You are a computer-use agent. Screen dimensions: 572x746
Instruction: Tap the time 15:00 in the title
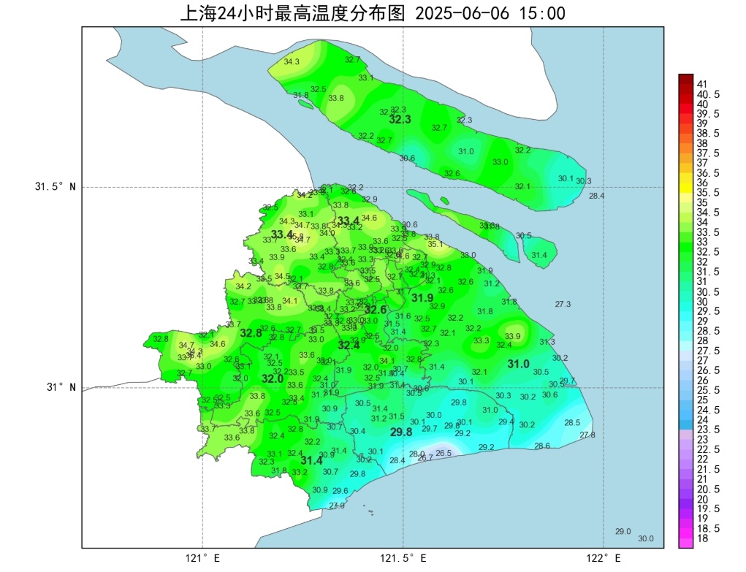541,13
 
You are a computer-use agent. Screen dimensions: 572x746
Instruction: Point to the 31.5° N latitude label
56,187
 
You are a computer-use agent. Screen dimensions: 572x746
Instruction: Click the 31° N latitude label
61,387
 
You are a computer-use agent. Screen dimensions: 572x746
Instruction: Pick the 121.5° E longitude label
403,558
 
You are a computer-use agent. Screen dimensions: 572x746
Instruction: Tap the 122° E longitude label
604,558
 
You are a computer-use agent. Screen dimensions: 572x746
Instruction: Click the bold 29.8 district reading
401,432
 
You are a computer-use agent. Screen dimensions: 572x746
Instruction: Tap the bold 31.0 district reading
519,364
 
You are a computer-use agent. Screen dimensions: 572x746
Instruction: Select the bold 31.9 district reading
422,298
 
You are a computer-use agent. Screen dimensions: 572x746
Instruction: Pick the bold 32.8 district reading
251,333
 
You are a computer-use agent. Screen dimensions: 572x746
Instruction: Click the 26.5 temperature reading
444,453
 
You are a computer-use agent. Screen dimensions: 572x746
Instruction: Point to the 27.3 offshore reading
563,304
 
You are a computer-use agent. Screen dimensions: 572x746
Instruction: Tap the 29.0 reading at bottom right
623,531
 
